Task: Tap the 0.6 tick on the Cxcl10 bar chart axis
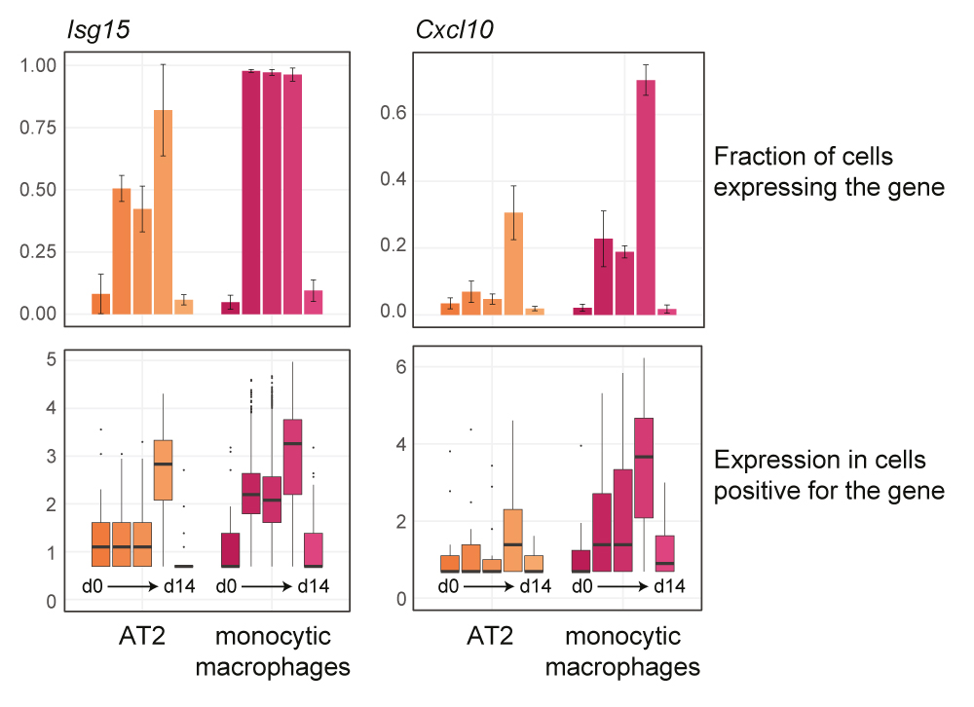coord(393,114)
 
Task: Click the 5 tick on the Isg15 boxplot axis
coord(50,359)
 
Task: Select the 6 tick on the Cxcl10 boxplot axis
coord(401,366)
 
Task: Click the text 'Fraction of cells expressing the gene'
coord(829,171)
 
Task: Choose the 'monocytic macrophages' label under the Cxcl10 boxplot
coord(622,651)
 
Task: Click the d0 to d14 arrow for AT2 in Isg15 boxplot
coord(137,587)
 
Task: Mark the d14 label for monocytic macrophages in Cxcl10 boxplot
coord(667,586)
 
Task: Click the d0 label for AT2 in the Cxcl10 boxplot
coord(448,586)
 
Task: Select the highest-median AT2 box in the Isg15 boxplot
coord(164,470)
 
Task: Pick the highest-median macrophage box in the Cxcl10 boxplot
coord(644,467)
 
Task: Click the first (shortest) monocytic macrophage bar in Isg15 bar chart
coord(231,308)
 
